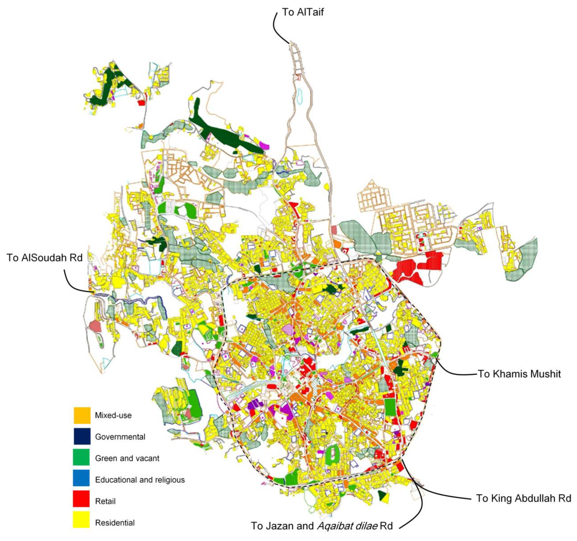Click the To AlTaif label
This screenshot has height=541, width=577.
302,12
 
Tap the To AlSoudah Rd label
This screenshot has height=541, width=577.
45,258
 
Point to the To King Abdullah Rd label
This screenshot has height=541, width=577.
524,498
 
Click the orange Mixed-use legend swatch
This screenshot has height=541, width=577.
82,415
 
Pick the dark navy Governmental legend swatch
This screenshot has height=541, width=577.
82,437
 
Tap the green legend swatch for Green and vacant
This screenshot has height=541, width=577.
82,458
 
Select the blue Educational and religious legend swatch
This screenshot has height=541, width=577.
82,479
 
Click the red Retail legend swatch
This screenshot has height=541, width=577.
82,501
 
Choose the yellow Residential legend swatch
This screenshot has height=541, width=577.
82,522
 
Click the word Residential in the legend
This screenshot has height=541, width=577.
115,523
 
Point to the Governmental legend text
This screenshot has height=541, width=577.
120,437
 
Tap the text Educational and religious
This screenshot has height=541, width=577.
140,480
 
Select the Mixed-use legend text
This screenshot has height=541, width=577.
113,415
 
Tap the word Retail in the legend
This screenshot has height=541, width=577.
105,501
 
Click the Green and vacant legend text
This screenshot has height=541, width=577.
127,458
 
